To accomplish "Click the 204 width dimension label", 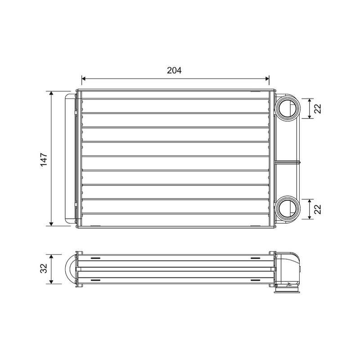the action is [174, 70].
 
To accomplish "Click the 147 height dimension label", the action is [44, 159].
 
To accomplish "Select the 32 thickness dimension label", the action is [44, 268].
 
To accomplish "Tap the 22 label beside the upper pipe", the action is [318, 108].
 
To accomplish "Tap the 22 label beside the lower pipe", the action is [318, 209].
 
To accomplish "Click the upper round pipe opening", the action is [288, 108].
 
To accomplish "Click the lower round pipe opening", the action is [288, 209].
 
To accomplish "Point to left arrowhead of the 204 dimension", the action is [83, 79].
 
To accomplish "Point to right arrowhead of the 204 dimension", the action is [267, 79].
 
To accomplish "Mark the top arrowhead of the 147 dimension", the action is [51, 93].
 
